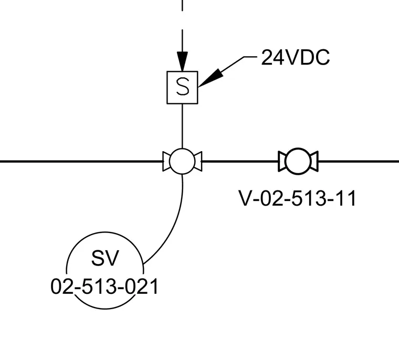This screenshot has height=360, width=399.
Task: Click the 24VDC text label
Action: click(296, 58)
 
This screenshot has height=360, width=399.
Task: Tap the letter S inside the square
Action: click(183, 87)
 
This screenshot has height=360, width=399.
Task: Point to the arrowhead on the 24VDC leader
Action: click(211, 78)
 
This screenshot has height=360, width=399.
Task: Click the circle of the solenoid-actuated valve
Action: click(182, 149)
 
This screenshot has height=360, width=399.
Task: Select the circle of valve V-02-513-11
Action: click(298, 149)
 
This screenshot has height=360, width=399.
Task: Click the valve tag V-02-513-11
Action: click(297, 198)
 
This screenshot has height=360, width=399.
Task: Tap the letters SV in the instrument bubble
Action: click(105, 258)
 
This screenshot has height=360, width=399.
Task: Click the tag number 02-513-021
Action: click(104, 287)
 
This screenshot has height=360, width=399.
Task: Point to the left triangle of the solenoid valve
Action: click(166, 162)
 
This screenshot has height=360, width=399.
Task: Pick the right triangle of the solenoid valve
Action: click(198, 162)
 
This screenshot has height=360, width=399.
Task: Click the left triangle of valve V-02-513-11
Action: click(282, 161)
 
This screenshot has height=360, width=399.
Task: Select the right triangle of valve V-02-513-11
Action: click(314, 161)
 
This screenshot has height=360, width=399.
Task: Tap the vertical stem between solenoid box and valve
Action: click(182, 126)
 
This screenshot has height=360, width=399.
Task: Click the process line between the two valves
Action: click(240, 161)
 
